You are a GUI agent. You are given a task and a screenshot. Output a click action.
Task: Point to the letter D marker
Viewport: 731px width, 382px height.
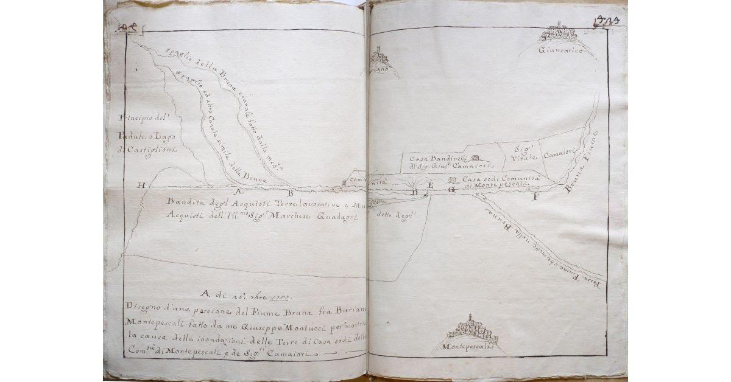pyautogui.click(x=415, y=193)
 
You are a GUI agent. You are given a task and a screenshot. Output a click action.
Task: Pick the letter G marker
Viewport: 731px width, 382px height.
pyautogui.click(x=452, y=190)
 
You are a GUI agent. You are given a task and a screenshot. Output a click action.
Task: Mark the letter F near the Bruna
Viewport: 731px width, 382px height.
pyautogui.click(x=535, y=197)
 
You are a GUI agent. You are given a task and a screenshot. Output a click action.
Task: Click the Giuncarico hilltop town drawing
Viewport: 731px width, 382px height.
pyautogui.click(x=559, y=33)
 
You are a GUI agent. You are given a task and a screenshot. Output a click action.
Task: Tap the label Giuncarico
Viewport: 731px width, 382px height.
pyautogui.click(x=560, y=51)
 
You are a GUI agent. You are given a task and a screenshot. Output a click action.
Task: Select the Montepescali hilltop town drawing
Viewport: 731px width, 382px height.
pyautogui.click(x=472, y=330)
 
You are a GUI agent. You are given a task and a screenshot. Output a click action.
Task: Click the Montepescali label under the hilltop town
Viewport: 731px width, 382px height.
pyautogui.click(x=470, y=347)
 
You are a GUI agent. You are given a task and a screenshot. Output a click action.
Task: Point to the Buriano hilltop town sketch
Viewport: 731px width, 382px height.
pyautogui.click(x=380, y=55)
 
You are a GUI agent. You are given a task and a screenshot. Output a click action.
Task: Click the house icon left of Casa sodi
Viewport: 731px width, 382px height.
pyautogui.click(x=451, y=180)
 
